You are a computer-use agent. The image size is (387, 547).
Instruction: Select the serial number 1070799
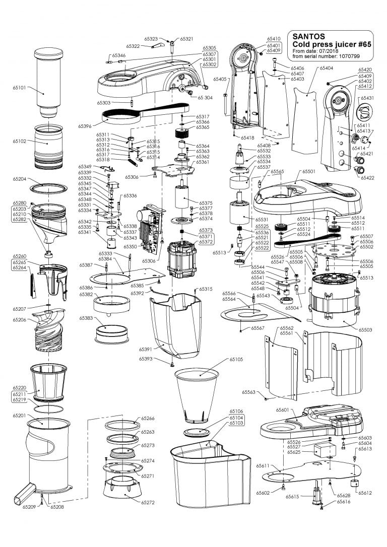[352, 56]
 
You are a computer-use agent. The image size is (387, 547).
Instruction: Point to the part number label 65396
[85, 125]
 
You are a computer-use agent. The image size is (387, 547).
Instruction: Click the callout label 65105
[236, 360]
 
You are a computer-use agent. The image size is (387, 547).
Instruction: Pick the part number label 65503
[365, 329]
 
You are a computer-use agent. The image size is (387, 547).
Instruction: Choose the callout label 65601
[283, 410]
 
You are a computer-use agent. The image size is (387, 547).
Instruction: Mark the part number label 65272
[148, 503]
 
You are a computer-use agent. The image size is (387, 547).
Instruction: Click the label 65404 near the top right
[326, 67]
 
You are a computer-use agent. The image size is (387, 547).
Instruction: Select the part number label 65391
[146, 349]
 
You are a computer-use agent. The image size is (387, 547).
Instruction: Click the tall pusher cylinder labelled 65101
[49, 81]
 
